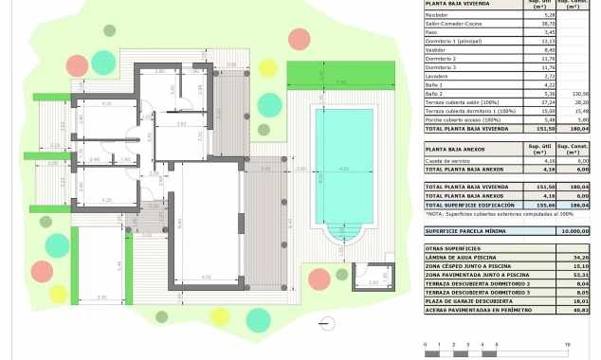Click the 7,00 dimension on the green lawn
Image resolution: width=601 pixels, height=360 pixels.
[339, 83]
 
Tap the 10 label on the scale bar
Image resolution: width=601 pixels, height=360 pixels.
[567, 343]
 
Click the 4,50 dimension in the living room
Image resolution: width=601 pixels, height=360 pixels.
[206, 278]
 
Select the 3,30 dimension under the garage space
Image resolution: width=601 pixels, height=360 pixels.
[101, 297]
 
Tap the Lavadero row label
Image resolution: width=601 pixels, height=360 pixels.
[439, 77]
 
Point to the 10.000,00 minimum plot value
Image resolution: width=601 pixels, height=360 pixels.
[573, 230]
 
